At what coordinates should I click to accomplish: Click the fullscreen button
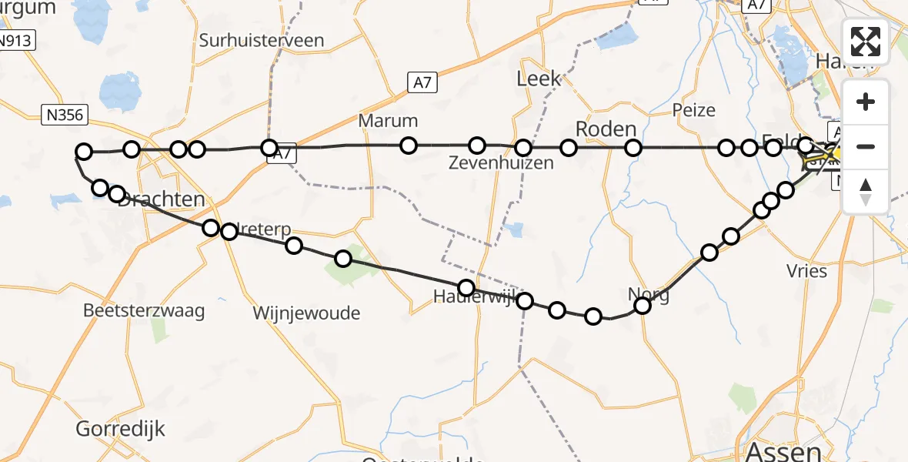tap(866, 42)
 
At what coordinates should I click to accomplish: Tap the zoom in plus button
tap(866, 102)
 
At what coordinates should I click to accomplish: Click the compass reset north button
tap(866, 191)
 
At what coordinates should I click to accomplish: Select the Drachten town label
tap(162, 199)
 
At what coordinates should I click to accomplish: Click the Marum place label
tap(388, 121)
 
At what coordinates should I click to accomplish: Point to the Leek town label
tap(539, 79)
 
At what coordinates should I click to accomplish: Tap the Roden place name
tap(606, 129)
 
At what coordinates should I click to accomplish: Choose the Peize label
tap(693, 110)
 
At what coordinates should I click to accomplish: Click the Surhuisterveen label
tap(262, 41)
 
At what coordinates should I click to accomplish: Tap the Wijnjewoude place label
tap(306, 313)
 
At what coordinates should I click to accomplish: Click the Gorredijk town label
tap(121, 428)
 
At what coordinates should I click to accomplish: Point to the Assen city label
tap(780, 450)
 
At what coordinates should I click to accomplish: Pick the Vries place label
tap(806, 270)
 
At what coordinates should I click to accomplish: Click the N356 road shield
tap(65, 115)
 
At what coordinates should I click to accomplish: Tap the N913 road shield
tap(15, 41)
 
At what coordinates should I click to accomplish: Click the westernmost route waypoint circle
tap(84, 152)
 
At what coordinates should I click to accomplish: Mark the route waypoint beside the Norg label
tap(642, 306)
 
